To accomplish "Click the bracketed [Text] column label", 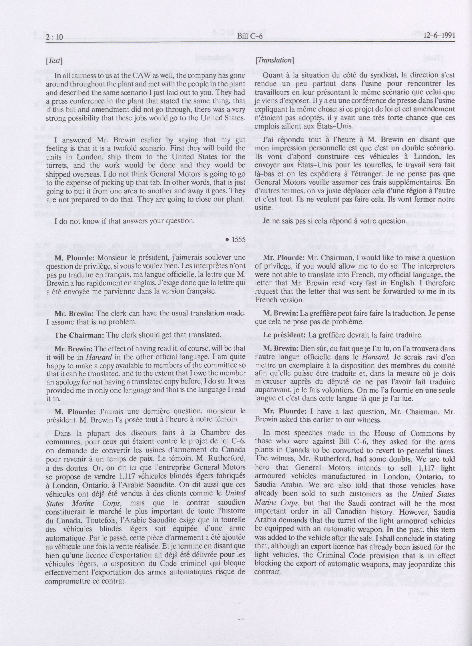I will click(54, 61).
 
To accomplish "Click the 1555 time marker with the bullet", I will click(236, 239).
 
